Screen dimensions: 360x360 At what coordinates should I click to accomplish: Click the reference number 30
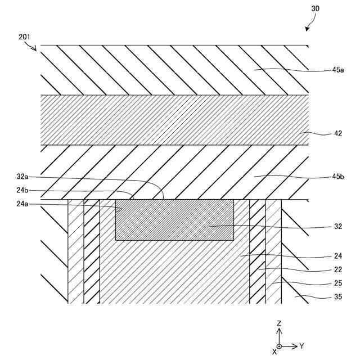click(x=315, y=8)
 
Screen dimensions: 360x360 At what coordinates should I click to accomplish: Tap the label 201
click(x=24, y=37)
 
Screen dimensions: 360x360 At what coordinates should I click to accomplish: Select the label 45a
click(x=337, y=70)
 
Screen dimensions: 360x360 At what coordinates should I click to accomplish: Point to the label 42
click(x=337, y=134)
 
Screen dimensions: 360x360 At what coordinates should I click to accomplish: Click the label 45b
click(x=337, y=177)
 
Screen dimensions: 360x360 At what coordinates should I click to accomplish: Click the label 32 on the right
click(x=337, y=227)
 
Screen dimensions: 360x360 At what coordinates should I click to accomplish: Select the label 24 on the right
click(x=337, y=256)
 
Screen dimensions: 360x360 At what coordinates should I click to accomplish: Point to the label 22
click(x=337, y=270)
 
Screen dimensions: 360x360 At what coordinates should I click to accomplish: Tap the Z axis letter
click(x=279, y=323)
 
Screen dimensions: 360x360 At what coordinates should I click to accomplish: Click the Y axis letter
click(x=301, y=345)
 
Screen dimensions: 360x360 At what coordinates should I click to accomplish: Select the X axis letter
click(x=274, y=351)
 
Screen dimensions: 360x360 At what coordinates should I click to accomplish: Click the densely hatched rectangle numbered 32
click(x=174, y=220)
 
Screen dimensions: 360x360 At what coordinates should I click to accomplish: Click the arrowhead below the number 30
click(x=307, y=28)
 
